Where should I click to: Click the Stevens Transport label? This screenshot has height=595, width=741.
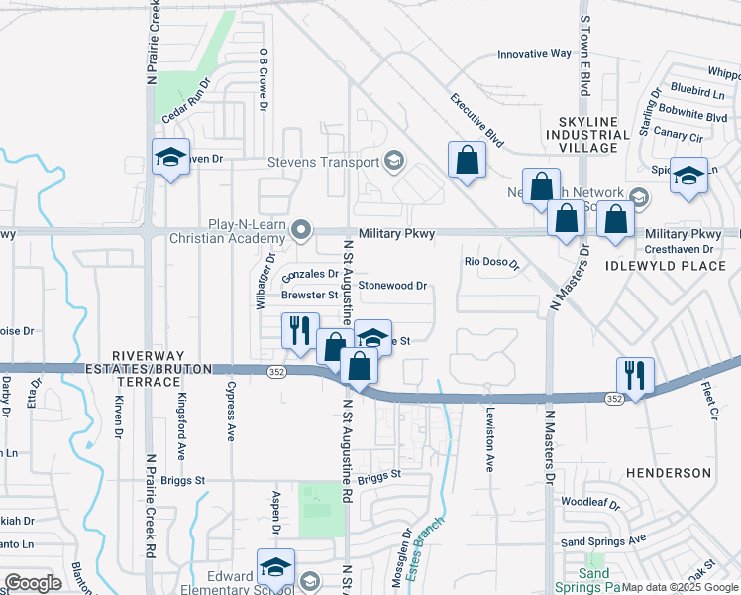(323, 162)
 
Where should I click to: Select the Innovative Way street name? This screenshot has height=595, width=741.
(534, 54)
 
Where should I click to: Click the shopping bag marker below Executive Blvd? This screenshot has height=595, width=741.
(467, 160)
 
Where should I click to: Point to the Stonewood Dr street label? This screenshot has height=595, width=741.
(392, 286)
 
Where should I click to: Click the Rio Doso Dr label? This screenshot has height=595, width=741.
(492, 263)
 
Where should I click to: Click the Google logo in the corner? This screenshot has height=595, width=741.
(33, 582)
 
